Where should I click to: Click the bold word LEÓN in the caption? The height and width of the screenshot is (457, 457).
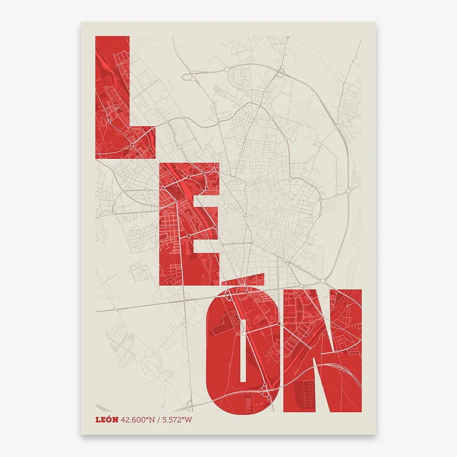pyautogui.click(x=107, y=420)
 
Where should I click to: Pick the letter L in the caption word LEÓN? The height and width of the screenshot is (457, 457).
pyautogui.click(x=98, y=420)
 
